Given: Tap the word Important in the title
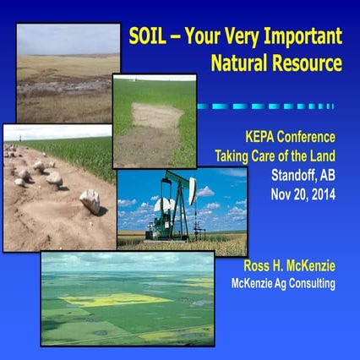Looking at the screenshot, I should coord(298,36).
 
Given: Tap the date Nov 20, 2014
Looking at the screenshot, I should coord(302,193).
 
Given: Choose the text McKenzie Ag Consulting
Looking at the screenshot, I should coord(283,283).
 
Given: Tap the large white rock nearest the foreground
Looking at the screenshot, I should coord(90,201).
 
